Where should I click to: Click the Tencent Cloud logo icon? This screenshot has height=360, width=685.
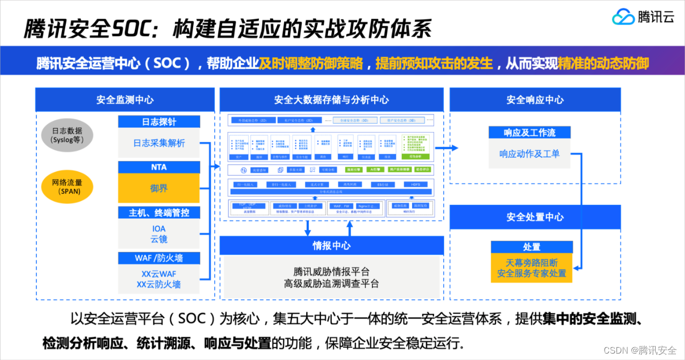(623, 17)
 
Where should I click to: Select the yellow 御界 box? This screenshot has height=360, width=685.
(159, 188)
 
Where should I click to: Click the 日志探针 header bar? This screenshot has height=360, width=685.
(159, 121)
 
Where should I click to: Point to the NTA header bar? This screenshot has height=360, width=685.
(159, 167)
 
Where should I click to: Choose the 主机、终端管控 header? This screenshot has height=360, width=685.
(159, 213)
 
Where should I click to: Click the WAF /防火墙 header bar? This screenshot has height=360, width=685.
(159, 258)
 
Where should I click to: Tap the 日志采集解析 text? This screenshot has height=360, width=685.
(159, 143)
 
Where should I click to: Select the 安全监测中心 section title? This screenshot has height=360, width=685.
(125, 100)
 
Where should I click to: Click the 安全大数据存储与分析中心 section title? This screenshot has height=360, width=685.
(331, 100)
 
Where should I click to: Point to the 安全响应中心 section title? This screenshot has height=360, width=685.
(535, 100)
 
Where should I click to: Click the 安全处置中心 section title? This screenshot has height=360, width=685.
(535, 217)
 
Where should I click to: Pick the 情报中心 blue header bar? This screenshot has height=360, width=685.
(331, 246)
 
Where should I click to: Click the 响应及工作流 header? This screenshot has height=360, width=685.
(529, 132)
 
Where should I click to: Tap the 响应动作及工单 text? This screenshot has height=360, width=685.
(529, 154)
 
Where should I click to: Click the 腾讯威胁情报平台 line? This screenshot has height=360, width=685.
(331, 272)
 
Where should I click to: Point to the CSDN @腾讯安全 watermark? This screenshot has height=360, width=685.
(640, 350)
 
